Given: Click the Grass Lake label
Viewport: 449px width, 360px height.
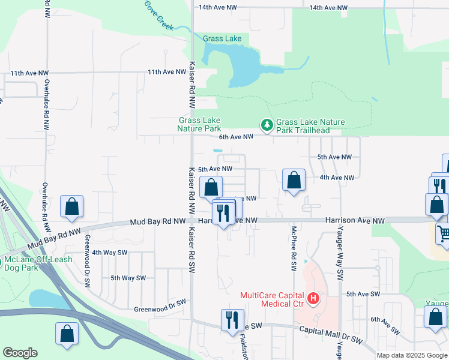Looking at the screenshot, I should [x=222, y=38].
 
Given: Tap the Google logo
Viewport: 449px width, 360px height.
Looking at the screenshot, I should [x=20, y=353].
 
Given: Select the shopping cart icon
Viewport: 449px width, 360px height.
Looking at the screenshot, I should [x=444, y=232].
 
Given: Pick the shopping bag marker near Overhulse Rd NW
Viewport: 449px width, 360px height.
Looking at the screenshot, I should [x=72, y=206].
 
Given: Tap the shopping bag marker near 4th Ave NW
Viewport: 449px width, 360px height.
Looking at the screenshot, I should [x=294, y=179].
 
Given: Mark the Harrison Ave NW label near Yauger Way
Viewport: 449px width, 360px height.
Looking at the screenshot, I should [x=355, y=221].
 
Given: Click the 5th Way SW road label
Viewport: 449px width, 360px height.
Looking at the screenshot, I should [x=128, y=278].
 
